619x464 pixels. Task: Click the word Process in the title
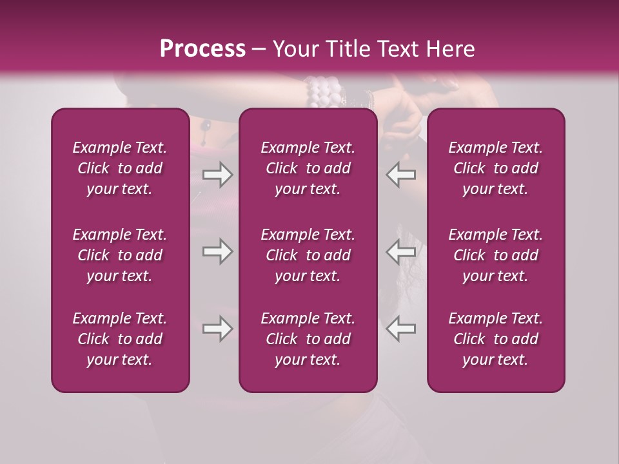click(x=202, y=49)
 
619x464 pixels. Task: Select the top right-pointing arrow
click(x=217, y=175)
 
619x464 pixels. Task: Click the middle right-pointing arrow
click(x=217, y=251)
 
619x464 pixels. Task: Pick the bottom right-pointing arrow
click(x=217, y=329)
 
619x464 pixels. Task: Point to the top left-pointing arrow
click(x=400, y=175)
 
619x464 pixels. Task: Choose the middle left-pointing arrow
click(x=400, y=251)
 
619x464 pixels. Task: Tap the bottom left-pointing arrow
click(x=400, y=329)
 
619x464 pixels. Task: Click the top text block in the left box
click(x=120, y=168)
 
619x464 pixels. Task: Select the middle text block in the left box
click(x=120, y=255)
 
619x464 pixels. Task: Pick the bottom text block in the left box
click(x=120, y=339)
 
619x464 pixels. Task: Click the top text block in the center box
click(x=308, y=168)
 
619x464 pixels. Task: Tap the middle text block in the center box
click(x=308, y=255)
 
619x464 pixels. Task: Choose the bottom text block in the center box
click(x=308, y=339)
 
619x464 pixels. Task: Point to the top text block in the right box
click(x=496, y=168)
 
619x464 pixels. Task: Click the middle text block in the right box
click(x=496, y=255)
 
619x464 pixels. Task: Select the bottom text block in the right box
click(x=496, y=339)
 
